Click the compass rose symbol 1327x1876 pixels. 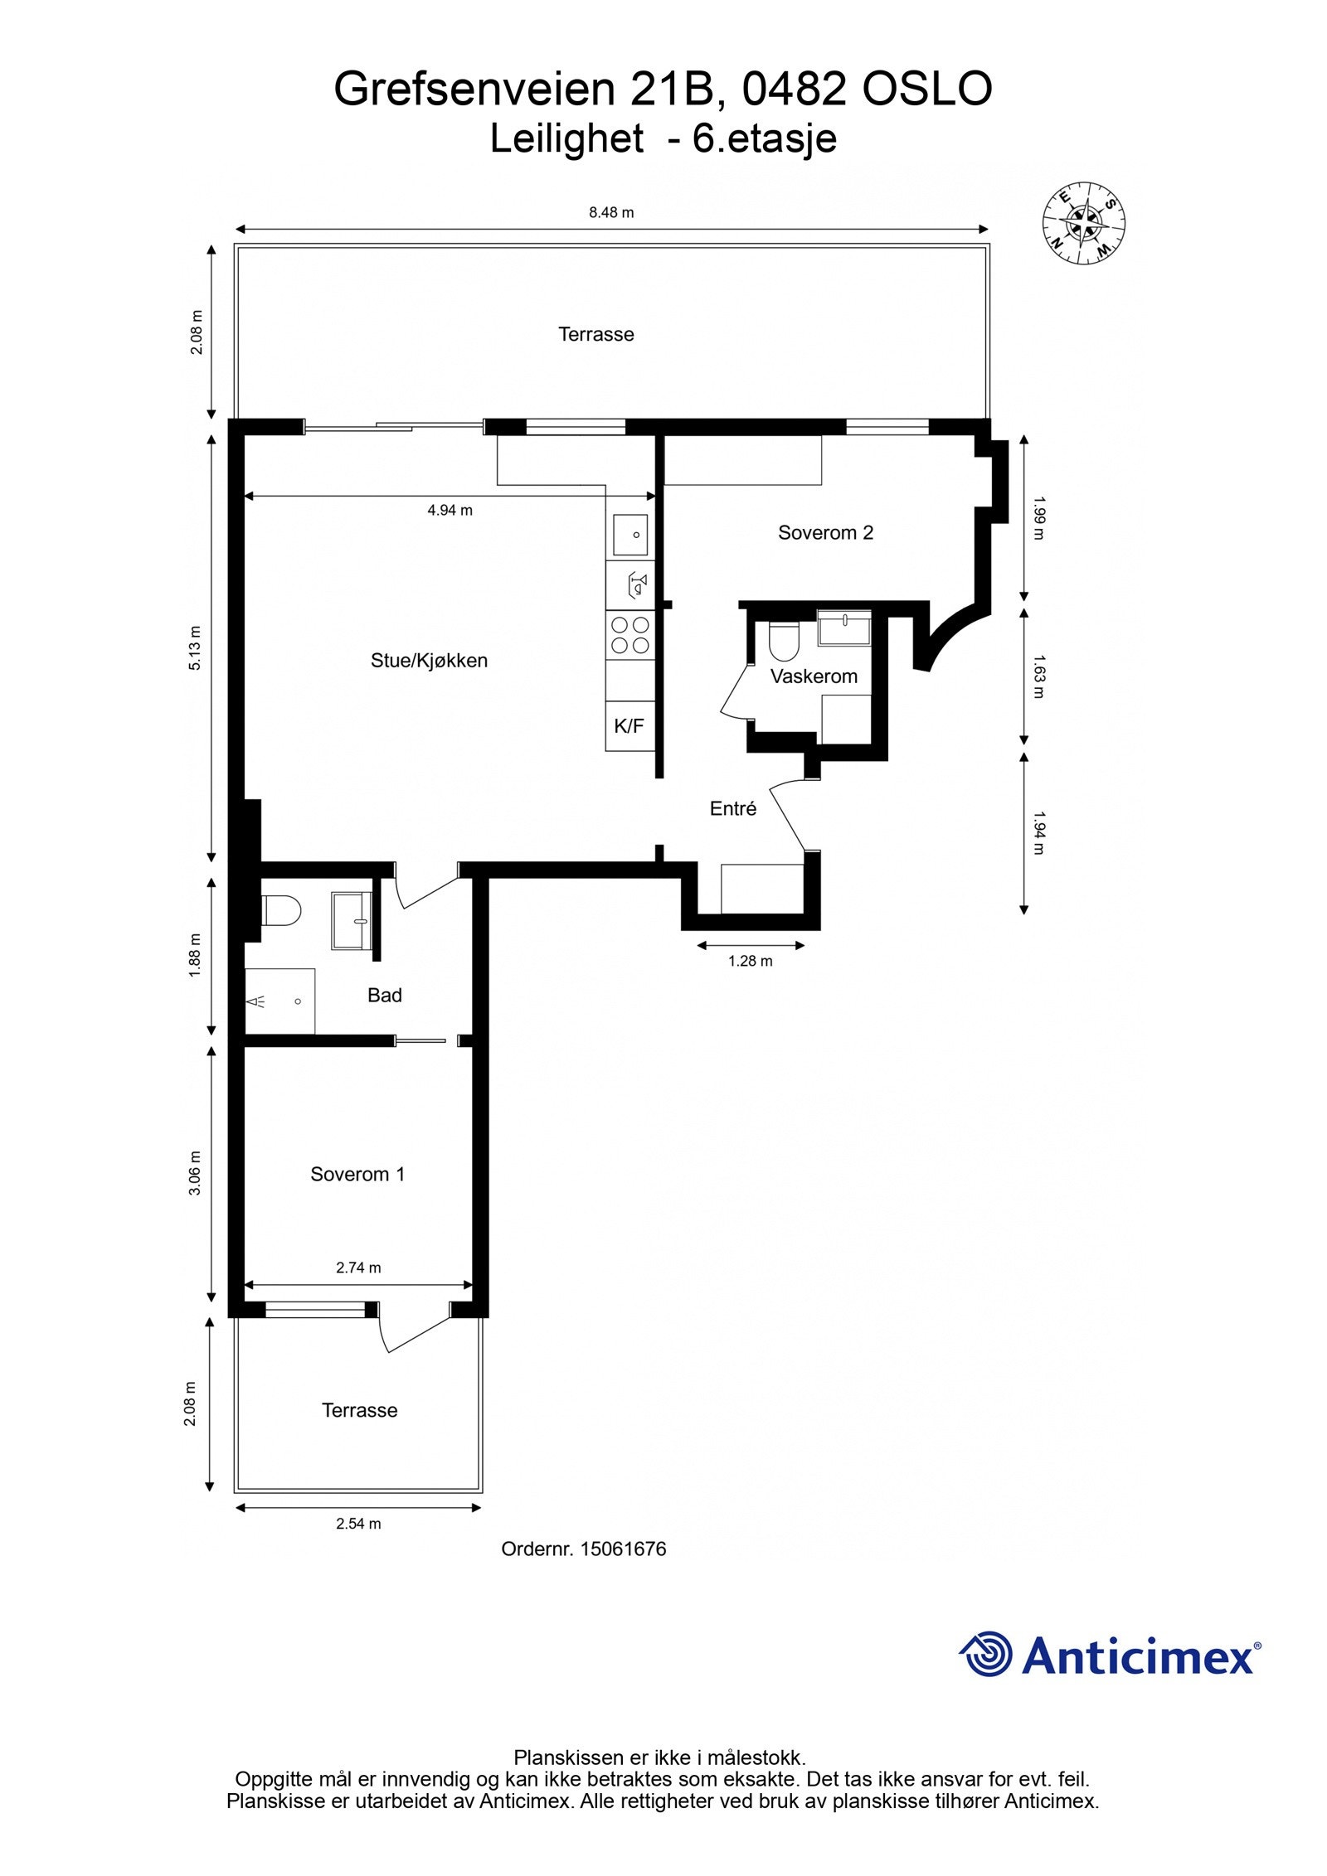1083,223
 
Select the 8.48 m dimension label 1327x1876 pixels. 611,212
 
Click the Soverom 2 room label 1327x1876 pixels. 825,532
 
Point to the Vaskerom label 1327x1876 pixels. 814,676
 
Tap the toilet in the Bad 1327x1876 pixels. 280,911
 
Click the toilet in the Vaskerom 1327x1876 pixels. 783,640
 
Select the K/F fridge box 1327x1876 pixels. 629,726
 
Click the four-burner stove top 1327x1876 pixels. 629,635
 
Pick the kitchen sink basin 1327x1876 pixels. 630,535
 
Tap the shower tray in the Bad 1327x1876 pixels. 279,1001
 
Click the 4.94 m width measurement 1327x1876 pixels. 450,511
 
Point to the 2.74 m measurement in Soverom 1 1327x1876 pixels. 358,1268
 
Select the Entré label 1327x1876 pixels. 733,809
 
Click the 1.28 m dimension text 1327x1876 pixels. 750,962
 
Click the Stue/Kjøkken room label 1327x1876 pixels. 429,661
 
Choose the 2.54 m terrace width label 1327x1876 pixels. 358,1524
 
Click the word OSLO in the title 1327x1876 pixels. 927,90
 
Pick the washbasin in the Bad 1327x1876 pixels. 352,919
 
